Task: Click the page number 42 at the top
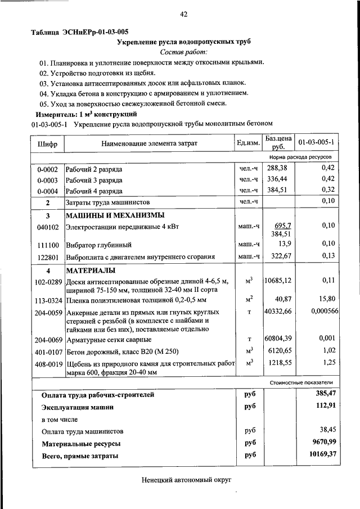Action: tap(183, 14)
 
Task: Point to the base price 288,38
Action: tap(281, 168)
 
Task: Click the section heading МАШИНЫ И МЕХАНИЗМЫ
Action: tap(115, 215)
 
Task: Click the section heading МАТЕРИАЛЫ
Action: tap(92, 270)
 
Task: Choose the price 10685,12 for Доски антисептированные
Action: tap(280, 280)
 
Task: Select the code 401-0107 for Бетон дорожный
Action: tap(47, 351)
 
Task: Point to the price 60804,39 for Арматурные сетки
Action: tap(280, 339)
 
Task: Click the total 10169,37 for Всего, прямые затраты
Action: tap(322, 456)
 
